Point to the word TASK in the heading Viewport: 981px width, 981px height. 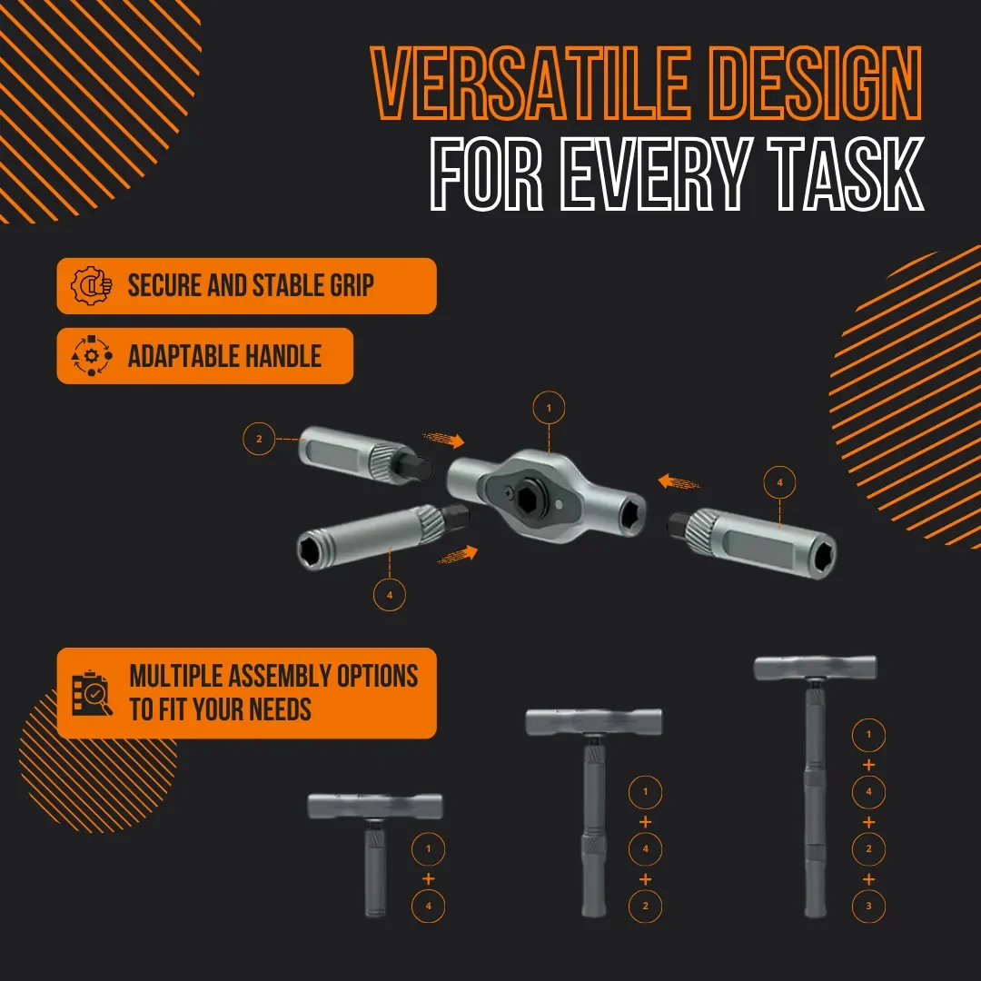[x=847, y=173]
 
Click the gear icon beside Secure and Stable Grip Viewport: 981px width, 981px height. [x=92, y=286]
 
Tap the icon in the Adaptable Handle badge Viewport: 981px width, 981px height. [x=92, y=355]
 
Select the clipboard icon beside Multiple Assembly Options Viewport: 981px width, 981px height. [x=92, y=693]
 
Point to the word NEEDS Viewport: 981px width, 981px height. [x=280, y=709]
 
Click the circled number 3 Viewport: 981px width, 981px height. [x=868, y=906]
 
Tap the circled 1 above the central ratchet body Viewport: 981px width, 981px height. [x=549, y=408]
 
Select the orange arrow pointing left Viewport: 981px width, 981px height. [x=679, y=482]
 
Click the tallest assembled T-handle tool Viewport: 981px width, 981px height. [x=815, y=786]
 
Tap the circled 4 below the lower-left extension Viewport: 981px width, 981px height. [x=389, y=594]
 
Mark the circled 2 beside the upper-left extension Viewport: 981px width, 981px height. [x=259, y=439]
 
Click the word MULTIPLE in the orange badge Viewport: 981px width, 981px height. [x=175, y=676]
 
